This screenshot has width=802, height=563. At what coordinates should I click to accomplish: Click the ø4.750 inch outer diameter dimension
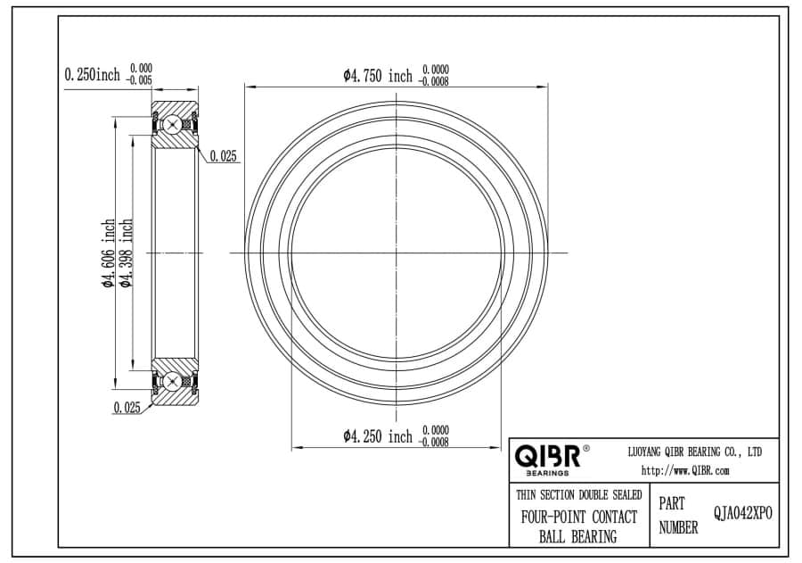(378, 76)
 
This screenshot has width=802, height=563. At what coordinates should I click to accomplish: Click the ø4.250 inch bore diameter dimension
(378, 436)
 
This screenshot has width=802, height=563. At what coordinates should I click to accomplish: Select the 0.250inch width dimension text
(92, 75)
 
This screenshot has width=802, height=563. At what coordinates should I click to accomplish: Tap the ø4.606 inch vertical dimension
(109, 253)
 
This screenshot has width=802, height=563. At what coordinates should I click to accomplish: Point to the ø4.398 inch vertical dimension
(126, 253)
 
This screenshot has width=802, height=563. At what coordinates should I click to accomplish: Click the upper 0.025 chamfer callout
(224, 156)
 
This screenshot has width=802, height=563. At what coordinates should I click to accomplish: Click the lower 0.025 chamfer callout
(127, 407)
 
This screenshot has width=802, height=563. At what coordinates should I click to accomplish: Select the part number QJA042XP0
(743, 513)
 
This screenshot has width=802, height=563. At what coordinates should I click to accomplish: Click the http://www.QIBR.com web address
(685, 471)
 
